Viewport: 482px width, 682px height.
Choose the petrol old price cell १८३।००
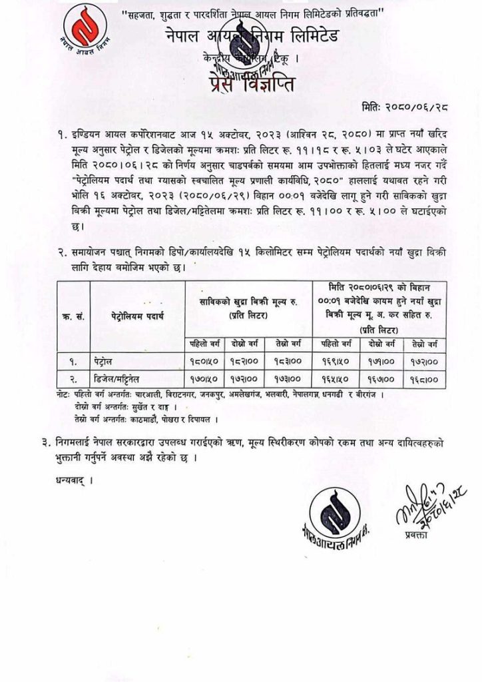288,363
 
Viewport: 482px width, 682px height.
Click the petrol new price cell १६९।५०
336,363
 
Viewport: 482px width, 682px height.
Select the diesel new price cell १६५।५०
336,380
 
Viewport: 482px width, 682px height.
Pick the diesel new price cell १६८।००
424,380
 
